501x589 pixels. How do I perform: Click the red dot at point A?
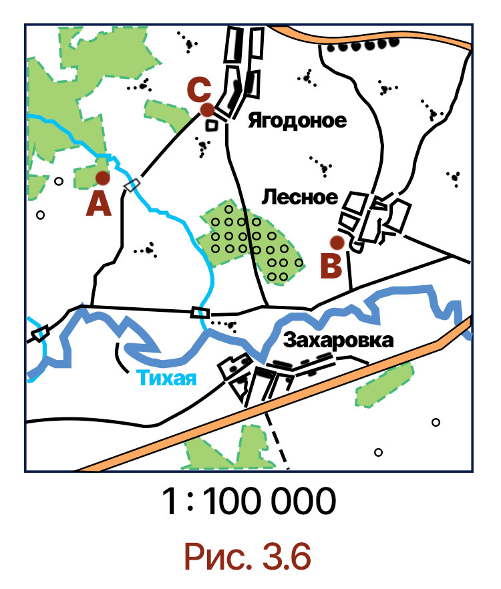(x=102, y=178)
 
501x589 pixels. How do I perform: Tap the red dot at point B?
(x=337, y=242)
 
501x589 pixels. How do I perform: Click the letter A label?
(x=99, y=204)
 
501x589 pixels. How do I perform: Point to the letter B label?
(x=331, y=266)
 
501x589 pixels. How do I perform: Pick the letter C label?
(x=200, y=88)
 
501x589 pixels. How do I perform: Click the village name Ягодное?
(x=297, y=121)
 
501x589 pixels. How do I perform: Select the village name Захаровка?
(x=339, y=340)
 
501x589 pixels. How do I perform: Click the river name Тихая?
(x=168, y=379)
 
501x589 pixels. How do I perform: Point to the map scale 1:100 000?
(x=248, y=502)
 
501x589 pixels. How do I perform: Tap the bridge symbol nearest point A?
(x=133, y=184)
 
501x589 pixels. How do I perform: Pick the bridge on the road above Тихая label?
(x=200, y=312)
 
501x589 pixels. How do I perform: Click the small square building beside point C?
(x=212, y=124)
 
